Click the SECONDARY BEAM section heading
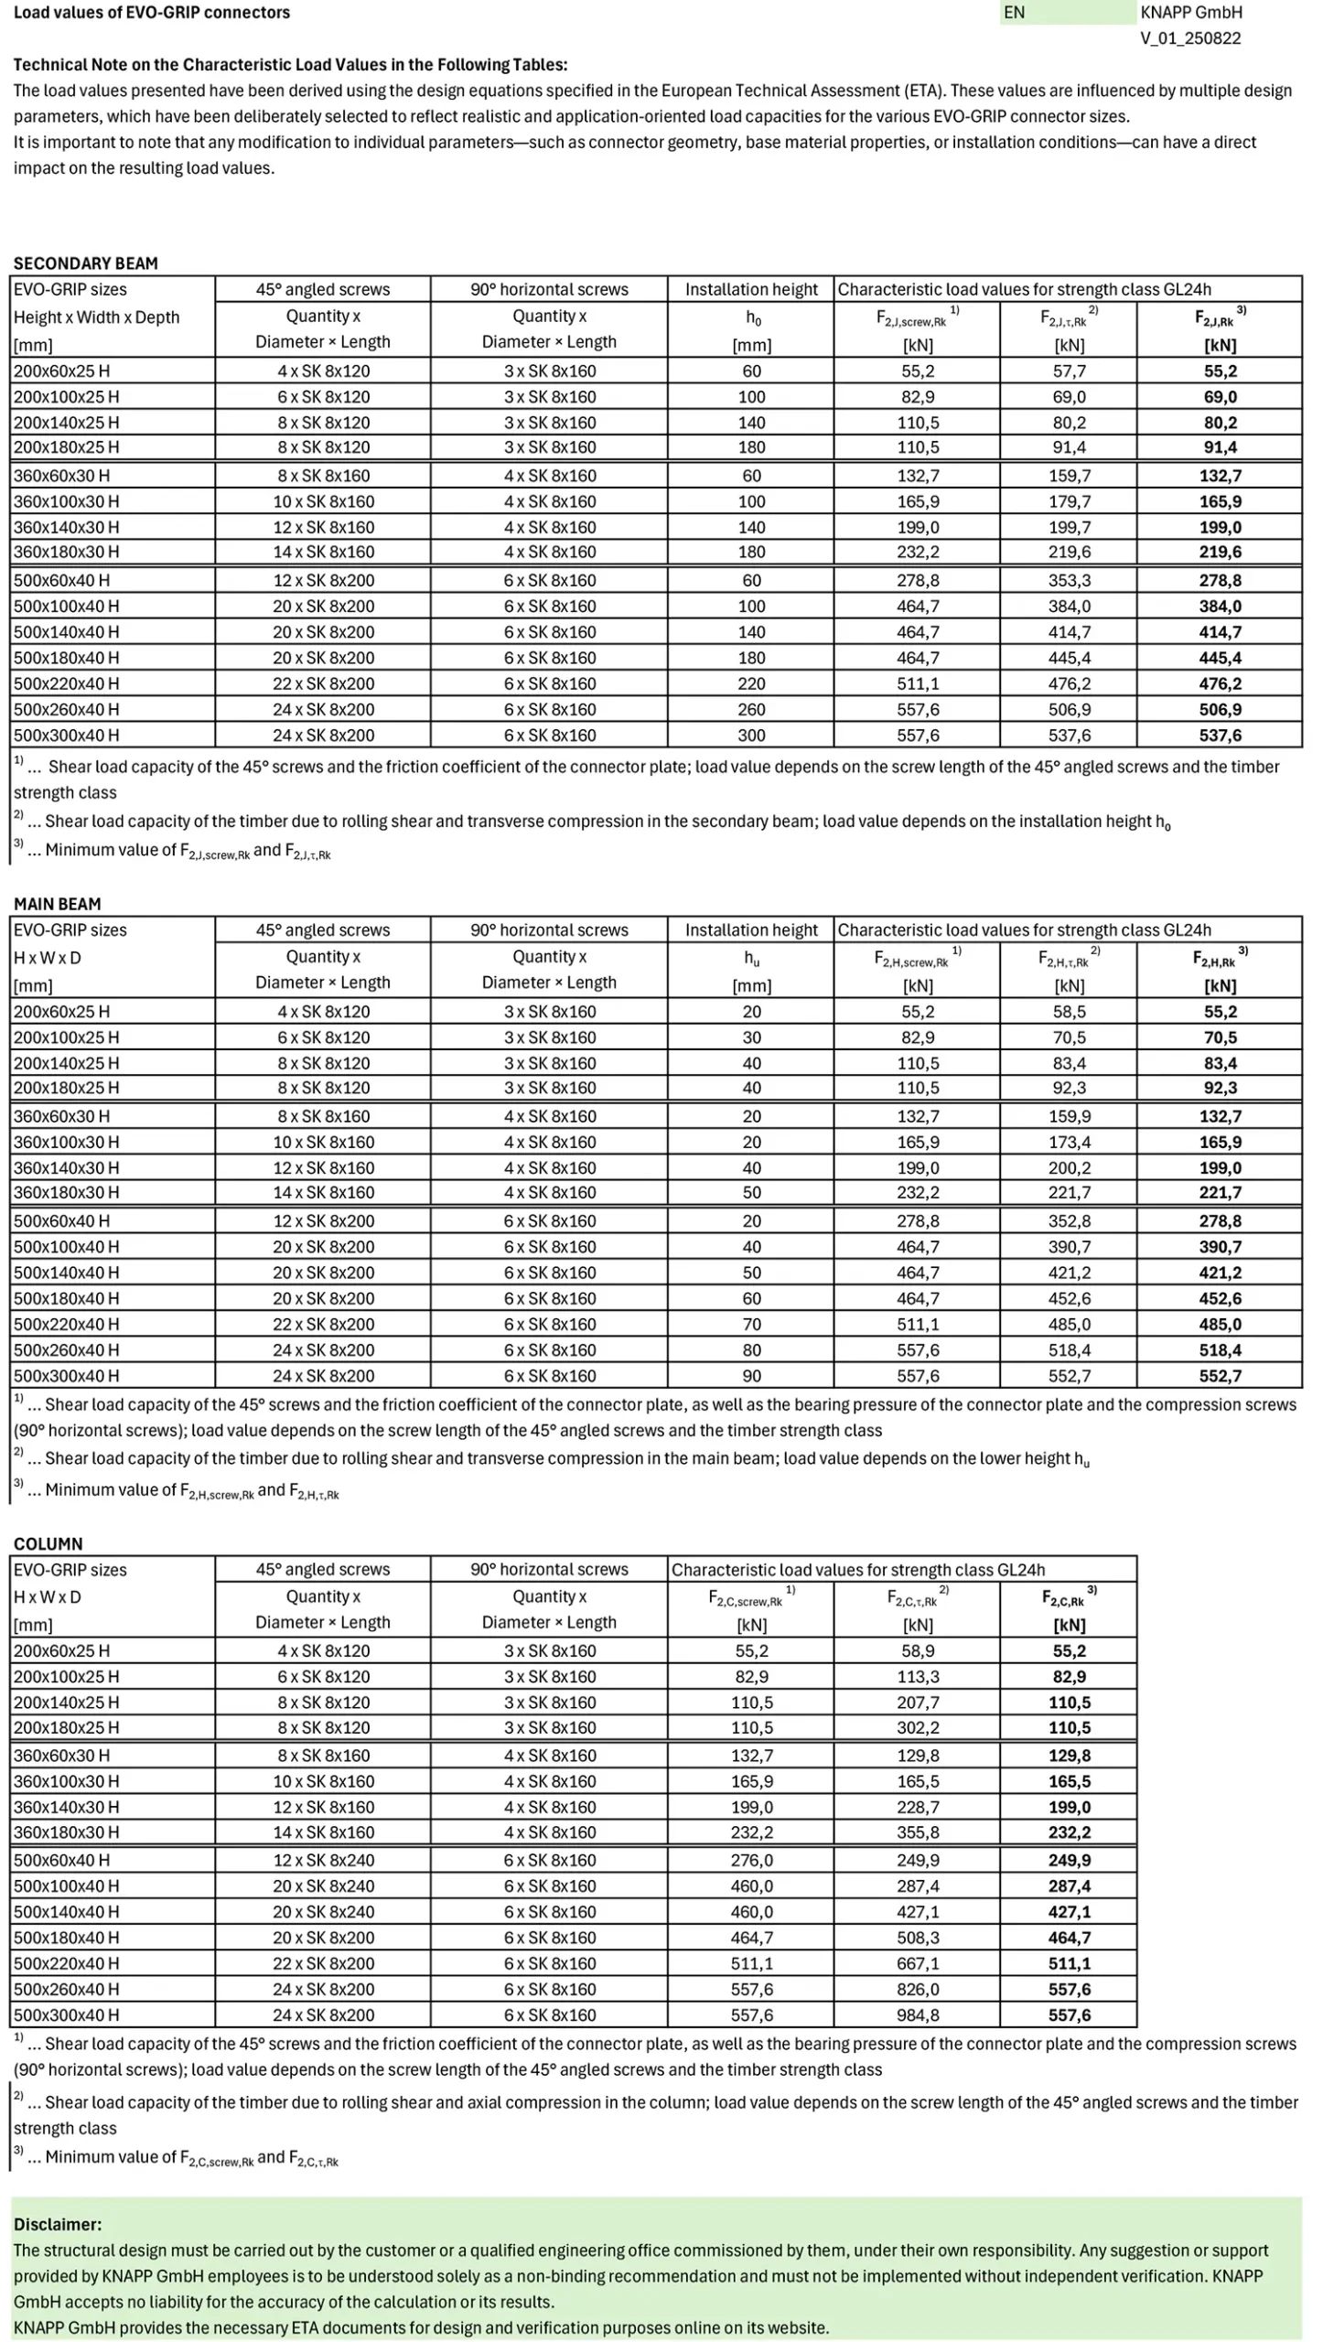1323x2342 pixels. point(85,263)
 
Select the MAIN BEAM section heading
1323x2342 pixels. point(57,904)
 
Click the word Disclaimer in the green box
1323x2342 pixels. point(58,2224)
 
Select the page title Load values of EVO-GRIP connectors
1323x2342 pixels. point(151,13)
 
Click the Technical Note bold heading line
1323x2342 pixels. point(290,65)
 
